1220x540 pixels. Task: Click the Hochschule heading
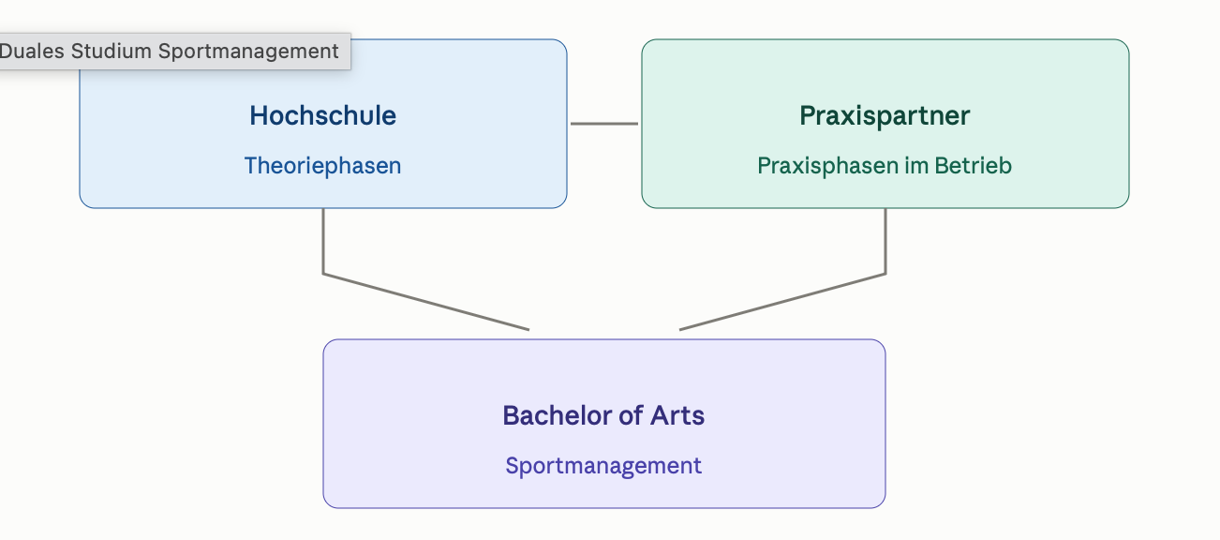323,115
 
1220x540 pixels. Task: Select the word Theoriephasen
323,166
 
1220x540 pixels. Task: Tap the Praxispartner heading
885,116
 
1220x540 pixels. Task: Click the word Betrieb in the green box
974,166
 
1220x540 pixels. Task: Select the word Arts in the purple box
677,415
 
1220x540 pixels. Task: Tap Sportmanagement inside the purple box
603,466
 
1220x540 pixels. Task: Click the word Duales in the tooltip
32,52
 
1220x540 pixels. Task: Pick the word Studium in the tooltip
112,52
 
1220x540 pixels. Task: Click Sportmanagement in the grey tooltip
248,52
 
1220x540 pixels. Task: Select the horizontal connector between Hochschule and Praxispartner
604,124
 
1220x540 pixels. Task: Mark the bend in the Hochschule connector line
323,274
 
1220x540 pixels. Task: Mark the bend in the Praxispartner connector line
885,274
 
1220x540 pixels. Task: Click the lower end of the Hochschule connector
528,330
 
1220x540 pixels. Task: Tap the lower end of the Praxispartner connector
679,330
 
